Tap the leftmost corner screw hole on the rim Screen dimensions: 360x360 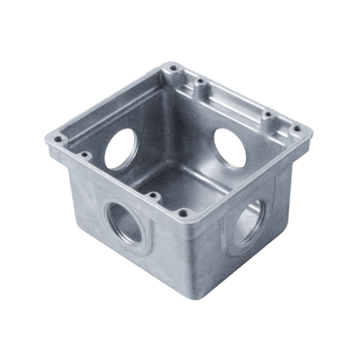click(x=58, y=139)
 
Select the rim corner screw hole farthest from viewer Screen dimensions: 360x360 click(x=174, y=68)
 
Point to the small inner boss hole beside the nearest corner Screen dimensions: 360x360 click(x=153, y=196)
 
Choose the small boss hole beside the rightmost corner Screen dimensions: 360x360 click(x=268, y=115)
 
